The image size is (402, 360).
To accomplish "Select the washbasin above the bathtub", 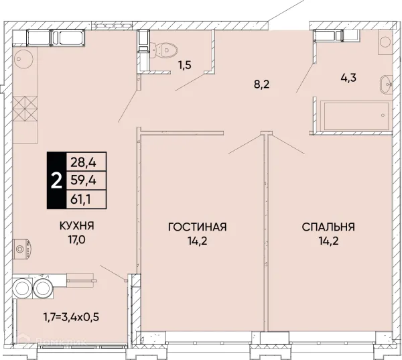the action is [386, 84].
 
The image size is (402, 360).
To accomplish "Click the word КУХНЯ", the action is [77, 226].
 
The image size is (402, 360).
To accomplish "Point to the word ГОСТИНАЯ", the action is [198, 227].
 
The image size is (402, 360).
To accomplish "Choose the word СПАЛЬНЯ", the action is [328, 227].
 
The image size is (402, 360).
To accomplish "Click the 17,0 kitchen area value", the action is [76, 240].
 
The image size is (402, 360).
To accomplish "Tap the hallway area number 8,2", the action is [262, 84].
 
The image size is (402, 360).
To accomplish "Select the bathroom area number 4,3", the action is [348, 77].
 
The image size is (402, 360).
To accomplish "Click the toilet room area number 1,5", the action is [185, 65].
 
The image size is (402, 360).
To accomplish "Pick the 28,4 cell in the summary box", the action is [86, 162].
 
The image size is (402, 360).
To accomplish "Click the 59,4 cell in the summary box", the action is [86, 180].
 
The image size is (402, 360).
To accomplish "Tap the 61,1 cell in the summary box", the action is [86, 199].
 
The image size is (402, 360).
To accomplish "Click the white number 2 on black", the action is [56, 180].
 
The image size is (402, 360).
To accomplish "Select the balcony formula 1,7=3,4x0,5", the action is [71, 317].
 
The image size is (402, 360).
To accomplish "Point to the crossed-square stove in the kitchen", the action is [25, 109].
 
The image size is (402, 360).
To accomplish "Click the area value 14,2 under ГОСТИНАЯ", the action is [197, 241].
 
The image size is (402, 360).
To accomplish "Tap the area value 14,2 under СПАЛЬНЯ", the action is [328, 241].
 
